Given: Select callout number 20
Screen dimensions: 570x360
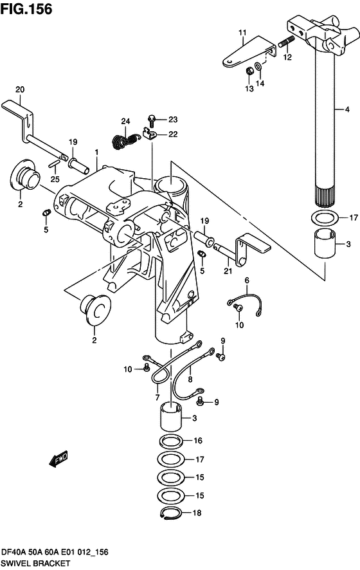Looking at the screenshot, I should tap(19, 89).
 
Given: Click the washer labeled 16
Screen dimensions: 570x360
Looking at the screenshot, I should tap(170, 441).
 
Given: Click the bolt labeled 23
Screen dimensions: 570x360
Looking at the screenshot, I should tap(152, 119).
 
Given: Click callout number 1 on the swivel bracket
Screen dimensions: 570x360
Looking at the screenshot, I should tap(96, 152).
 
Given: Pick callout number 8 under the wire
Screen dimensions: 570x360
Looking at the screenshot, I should tap(190, 380).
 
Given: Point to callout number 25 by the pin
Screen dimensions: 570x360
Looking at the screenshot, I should tap(55, 178).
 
